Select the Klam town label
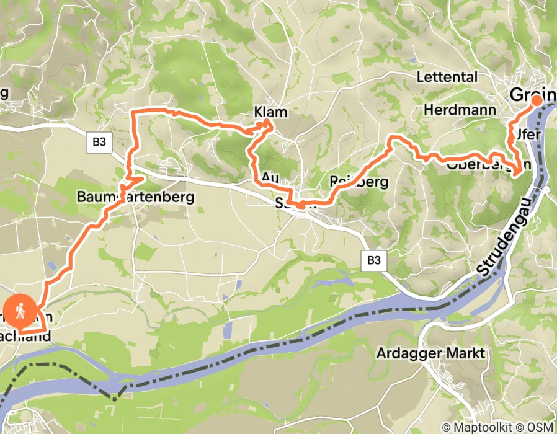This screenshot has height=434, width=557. click(271, 112)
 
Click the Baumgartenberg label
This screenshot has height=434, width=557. click(136, 197)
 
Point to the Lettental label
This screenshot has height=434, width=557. click(447, 77)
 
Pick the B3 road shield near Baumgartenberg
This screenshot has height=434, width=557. click(99, 142)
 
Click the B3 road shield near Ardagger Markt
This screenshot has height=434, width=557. click(373, 261)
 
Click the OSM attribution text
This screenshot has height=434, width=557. click(539, 427)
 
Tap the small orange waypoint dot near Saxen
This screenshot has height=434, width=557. click(300, 205)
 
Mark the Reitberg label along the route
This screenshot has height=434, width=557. click(359, 182)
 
